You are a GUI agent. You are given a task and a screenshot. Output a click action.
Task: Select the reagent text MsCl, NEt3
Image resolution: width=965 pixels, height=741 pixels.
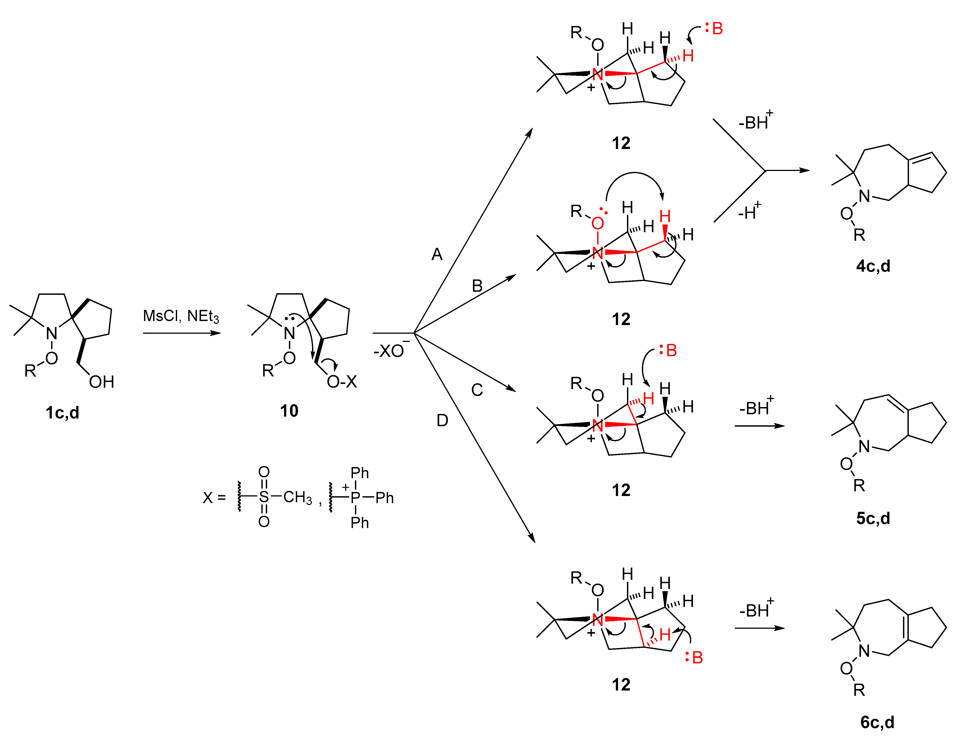(181, 316)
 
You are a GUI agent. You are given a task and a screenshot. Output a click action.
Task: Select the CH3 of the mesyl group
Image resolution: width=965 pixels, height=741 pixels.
(298, 498)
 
